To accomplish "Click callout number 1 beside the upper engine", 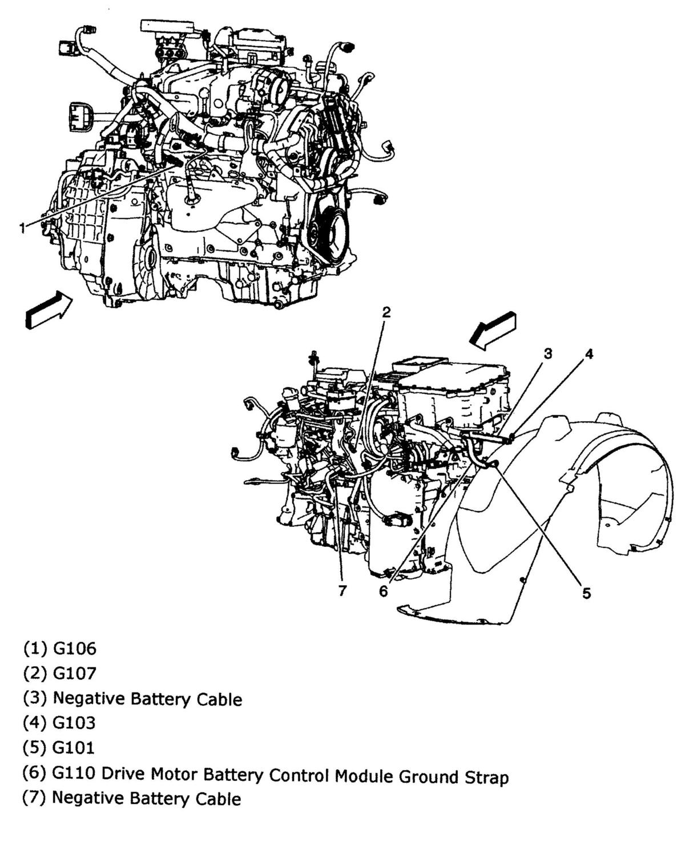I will coord(22,228).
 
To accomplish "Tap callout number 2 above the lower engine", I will coord(386,312).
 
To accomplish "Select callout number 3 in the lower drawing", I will coord(547,354).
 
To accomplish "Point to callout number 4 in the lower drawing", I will coord(589,354).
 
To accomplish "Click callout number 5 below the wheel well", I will coord(586,594).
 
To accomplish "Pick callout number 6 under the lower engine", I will coord(383,591).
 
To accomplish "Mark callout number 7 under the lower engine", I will coord(342,591).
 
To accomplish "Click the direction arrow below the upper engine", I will coord(50,310).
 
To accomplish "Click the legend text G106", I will coord(75,648).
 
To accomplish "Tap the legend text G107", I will coord(75,674).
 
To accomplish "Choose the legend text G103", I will coord(74,723).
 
